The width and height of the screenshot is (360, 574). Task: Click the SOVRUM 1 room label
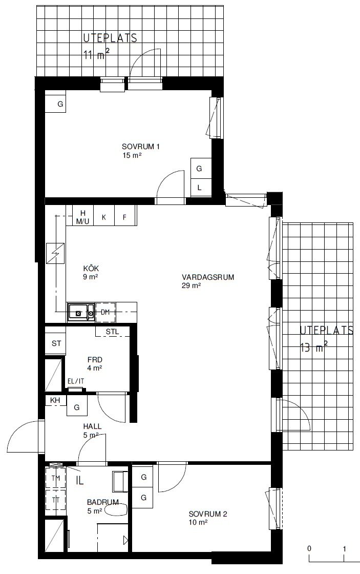140,147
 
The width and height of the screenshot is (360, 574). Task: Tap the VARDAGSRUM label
208,277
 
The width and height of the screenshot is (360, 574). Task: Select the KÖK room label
91,269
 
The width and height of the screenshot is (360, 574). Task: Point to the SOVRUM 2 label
208,514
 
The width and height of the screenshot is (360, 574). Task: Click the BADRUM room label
103,502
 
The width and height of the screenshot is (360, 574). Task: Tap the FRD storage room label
95,359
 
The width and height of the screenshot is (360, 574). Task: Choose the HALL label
92,426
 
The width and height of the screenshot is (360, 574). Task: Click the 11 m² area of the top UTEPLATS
96,55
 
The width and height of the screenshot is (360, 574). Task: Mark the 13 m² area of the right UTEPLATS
313,347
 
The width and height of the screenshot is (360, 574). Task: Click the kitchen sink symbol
81,312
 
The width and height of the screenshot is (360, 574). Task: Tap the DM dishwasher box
105,312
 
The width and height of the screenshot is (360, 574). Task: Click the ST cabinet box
56,343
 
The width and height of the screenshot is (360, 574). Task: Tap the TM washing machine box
56,479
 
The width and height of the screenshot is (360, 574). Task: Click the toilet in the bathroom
118,510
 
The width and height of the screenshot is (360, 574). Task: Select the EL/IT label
76,381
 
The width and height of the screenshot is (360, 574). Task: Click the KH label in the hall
55,400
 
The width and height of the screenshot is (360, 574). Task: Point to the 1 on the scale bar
344,549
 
